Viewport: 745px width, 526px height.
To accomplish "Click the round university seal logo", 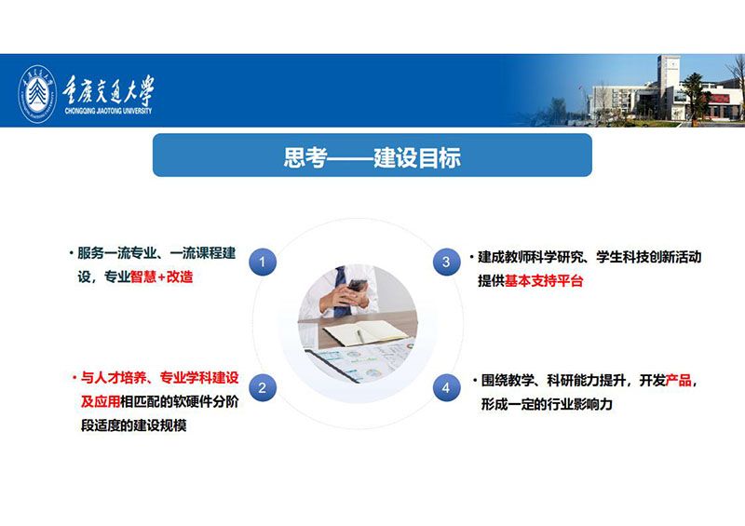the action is [37, 94].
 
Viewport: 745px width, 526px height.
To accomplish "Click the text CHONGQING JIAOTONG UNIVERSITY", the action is [108, 111].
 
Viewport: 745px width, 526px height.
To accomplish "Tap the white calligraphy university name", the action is [109, 89].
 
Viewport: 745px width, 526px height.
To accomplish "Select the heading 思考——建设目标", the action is [372, 157].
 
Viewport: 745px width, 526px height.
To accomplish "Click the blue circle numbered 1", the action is [263, 262].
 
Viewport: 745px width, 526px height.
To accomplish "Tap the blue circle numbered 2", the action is [263, 387].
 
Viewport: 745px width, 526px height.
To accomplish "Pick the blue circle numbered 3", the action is [446, 262].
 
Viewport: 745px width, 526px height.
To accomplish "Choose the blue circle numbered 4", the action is [446, 387].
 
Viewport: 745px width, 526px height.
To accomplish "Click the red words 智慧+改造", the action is [162, 276].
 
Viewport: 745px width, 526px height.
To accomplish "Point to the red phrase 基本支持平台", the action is [544, 281].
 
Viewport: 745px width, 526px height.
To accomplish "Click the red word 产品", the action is [679, 380].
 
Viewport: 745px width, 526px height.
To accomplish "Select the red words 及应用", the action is [101, 401].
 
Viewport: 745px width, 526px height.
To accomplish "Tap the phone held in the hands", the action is [357, 286].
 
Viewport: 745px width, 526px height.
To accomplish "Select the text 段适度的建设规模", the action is [133, 425].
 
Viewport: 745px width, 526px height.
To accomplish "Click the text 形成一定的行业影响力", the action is [547, 404].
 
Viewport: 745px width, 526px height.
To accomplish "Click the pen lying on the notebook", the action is [360, 336].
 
